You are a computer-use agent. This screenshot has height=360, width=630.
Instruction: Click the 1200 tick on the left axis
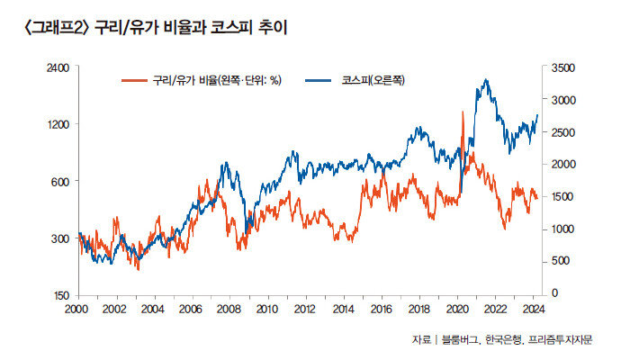[x=58, y=124]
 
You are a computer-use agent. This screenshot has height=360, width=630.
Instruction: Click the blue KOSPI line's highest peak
[x=486, y=80]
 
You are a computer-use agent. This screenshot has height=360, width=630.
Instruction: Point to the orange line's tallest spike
[x=463, y=112]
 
